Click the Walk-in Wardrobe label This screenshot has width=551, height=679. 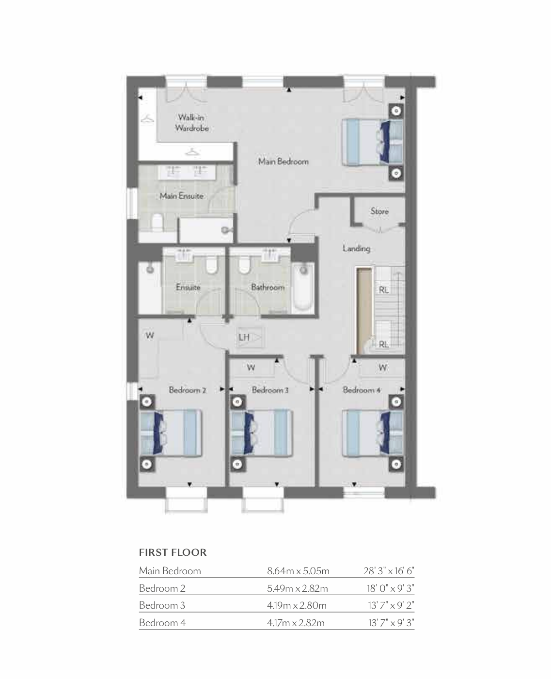coord(192,123)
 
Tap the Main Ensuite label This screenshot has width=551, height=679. coord(181,196)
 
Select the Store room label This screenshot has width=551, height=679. coord(379,211)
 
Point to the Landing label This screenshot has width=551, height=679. coord(356,248)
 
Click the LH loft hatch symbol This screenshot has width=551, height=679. coord(251,337)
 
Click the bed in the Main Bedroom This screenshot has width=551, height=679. coord(373,142)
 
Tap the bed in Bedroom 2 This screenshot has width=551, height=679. coord(171,433)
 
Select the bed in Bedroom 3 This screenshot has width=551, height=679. coord(262,433)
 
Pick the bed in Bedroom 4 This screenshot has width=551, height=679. coord(373,433)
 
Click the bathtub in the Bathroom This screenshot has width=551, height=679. coord(303,288)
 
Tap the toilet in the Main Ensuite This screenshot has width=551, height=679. coord(157,222)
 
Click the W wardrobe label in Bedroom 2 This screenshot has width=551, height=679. coord(150,335)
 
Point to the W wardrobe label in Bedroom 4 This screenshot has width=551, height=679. coord(382,368)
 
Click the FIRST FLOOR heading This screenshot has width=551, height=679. coord(173,552)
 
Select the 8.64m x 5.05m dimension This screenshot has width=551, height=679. coord(298,571)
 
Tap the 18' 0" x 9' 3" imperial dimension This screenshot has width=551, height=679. coord(391,588)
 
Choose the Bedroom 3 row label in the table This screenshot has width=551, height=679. coord(162,605)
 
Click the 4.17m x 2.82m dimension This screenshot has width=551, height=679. coord(296,623)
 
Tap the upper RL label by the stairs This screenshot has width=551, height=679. coord(383,290)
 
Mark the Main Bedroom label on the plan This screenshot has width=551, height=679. coord(283,162)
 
